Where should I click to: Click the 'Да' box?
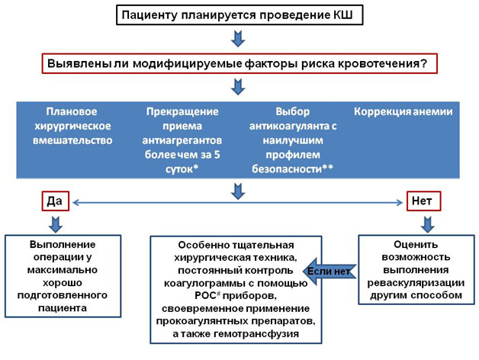(55, 201)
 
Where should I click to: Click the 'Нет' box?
(423, 201)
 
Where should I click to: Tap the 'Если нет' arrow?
(330, 272)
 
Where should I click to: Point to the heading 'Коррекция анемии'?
(403, 111)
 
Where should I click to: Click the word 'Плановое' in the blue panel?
(72, 111)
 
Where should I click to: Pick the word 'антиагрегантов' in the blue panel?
(182, 140)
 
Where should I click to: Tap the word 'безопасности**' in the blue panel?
(292, 169)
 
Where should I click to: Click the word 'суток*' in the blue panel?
(182, 169)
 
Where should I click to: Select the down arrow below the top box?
(238, 38)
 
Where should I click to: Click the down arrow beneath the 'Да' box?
(55, 224)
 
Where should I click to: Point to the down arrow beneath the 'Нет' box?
(428, 224)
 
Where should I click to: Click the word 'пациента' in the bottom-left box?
(63, 307)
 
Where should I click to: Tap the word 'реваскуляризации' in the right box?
(416, 283)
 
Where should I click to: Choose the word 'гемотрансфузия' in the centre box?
(256, 334)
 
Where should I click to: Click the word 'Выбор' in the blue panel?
(292, 111)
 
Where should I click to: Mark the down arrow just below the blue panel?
(238, 191)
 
